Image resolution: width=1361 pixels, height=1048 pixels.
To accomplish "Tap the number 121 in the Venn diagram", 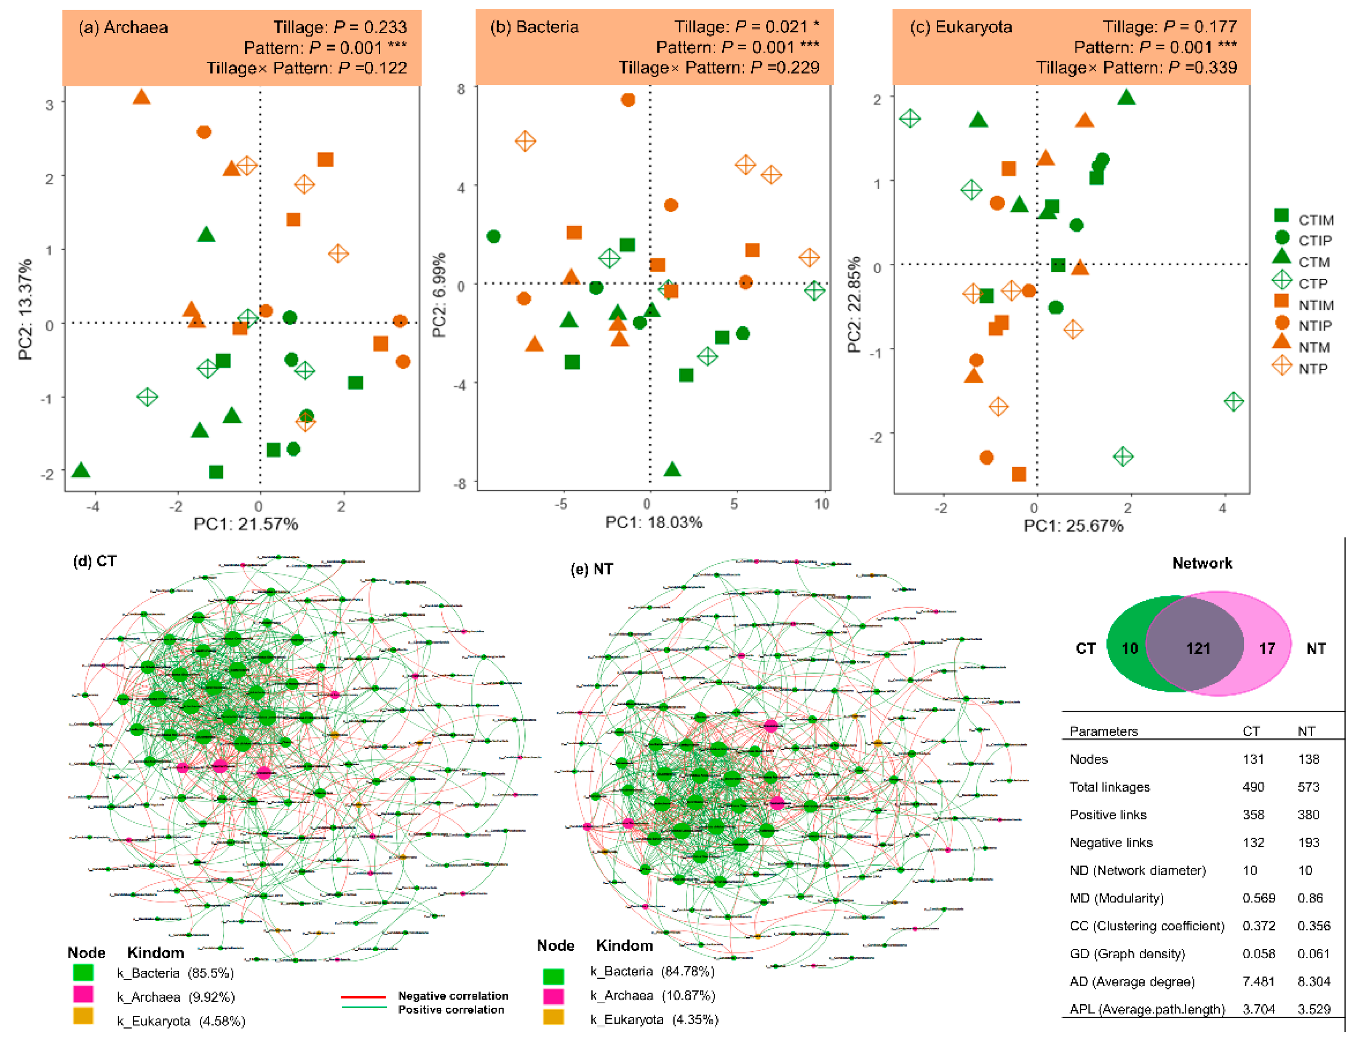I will (1198, 649).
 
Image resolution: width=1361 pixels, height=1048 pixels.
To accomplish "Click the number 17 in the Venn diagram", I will (1266, 649).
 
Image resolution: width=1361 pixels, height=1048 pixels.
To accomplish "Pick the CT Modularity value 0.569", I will (1258, 898).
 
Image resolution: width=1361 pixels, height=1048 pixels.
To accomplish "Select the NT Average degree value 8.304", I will (1313, 981).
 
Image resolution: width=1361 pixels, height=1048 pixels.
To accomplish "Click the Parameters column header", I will (1103, 731).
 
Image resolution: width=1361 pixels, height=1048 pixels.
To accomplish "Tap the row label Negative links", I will (1111, 842).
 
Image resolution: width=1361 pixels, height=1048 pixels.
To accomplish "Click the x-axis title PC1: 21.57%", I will (246, 524).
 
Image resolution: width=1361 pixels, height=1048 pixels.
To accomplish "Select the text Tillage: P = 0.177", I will (1169, 26).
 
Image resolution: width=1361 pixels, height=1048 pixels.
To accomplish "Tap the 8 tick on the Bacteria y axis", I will (461, 89).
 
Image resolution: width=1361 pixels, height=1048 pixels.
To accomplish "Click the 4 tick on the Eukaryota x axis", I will (1222, 508).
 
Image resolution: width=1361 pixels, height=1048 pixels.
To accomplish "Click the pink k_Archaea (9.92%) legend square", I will (83, 995).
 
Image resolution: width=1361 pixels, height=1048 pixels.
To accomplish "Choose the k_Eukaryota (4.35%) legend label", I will (654, 1019).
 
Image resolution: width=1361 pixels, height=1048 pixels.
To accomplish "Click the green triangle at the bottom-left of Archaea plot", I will (80, 470).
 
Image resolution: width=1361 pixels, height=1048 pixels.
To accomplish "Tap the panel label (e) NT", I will (591, 569).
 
